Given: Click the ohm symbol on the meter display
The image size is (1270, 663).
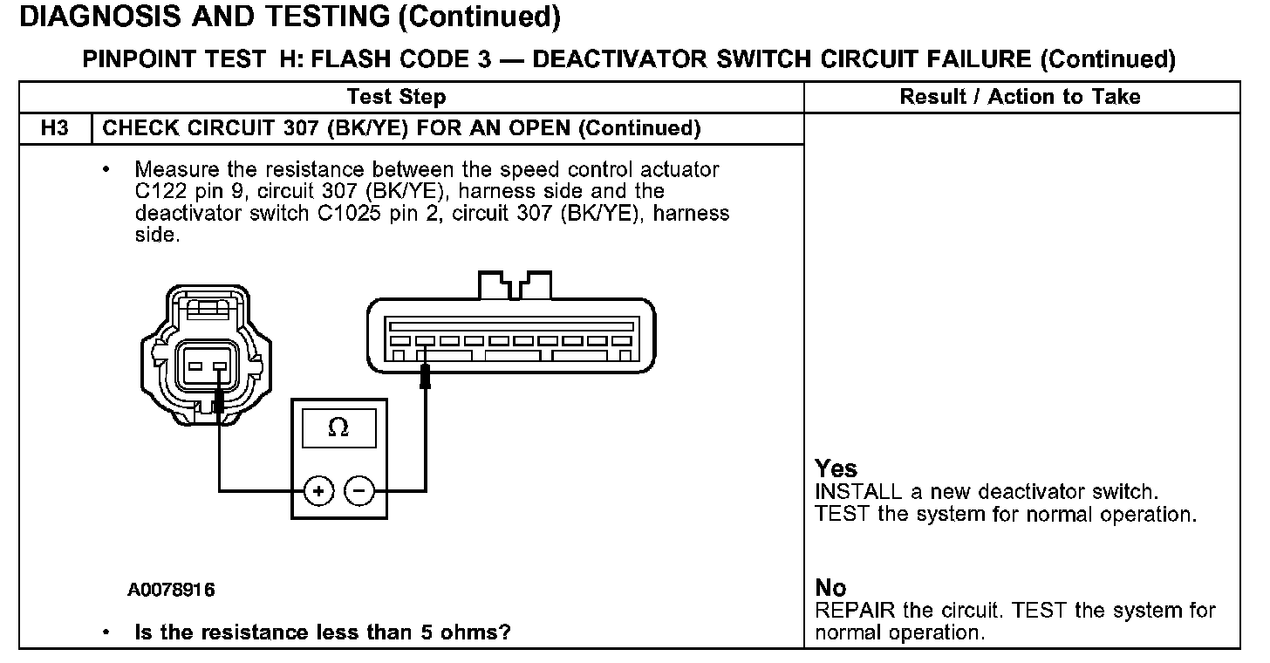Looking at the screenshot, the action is point(338,427).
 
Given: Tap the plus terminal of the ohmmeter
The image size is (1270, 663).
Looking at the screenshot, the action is point(318,490).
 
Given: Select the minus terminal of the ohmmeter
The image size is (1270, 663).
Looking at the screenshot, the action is point(359,490).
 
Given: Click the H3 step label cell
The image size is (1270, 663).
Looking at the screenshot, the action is point(55,128).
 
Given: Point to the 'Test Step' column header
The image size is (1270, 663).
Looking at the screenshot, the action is point(396,97).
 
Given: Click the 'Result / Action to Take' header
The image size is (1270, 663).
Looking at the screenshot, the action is point(1020,97).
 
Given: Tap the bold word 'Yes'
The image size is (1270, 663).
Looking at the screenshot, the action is point(836,468).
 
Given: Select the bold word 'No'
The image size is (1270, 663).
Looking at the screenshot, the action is point(830,588).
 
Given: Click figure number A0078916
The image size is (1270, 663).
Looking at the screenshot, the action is point(171,590).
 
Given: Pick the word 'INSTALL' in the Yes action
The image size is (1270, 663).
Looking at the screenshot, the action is point(858,492).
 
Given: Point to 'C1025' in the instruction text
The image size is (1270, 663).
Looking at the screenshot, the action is point(349,213).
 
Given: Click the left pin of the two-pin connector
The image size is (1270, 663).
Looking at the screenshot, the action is point(195,366).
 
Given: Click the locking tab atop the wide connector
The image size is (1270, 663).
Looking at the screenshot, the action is point(515,285).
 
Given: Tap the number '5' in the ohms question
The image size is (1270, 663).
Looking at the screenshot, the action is point(427,632).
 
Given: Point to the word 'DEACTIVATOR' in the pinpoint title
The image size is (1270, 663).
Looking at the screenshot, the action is point(619,59).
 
